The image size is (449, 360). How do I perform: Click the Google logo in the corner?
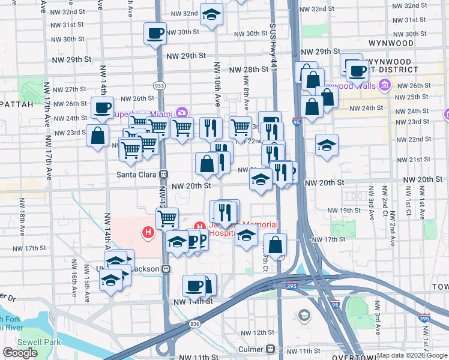pyautogui.click(x=20, y=353)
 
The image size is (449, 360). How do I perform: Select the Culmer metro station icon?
pyautogui.click(x=271, y=349)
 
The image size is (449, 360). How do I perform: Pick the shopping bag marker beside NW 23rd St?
pyautogui.click(x=98, y=136)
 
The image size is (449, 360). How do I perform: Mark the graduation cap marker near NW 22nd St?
pyautogui.click(x=326, y=146)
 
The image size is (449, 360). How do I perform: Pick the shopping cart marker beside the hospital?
pyautogui.click(x=167, y=218)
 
